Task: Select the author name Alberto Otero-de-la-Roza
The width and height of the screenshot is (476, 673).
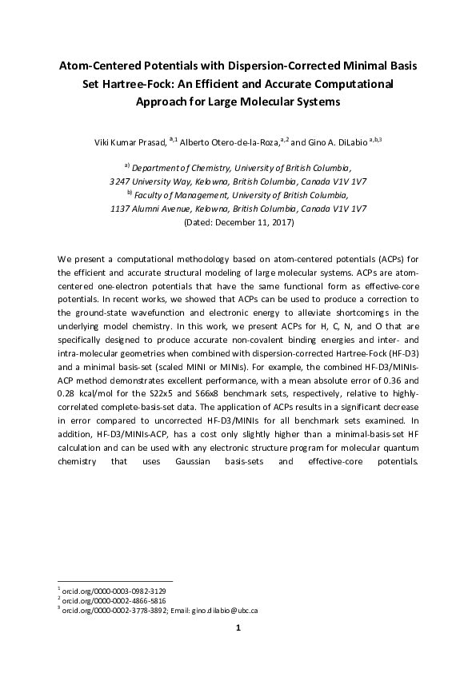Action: pyautogui.click(x=228, y=142)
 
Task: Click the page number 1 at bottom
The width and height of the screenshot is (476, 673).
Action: pyautogui.click(x=238, y=628)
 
